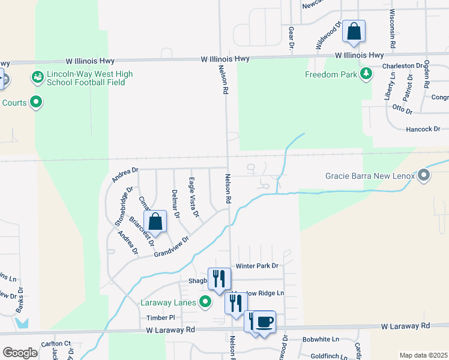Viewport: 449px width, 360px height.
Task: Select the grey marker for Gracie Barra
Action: coord(424,176)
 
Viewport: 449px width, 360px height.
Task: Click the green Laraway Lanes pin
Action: coord(205,302)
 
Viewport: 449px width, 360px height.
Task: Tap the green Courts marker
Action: coord(36,103)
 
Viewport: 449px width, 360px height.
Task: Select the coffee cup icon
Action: coord(264,321)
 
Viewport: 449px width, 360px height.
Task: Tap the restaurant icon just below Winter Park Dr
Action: coord(219,278)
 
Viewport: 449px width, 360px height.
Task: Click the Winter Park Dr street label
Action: coord(257,266)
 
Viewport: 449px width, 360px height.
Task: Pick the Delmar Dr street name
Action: coord(175,203)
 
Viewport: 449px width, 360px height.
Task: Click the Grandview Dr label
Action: coord(171,247)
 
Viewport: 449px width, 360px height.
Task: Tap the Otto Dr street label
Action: coord(402,109)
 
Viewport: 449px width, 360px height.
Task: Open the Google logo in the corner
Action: coord(20,353)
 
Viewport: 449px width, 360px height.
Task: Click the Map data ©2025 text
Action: coord(423,355)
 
